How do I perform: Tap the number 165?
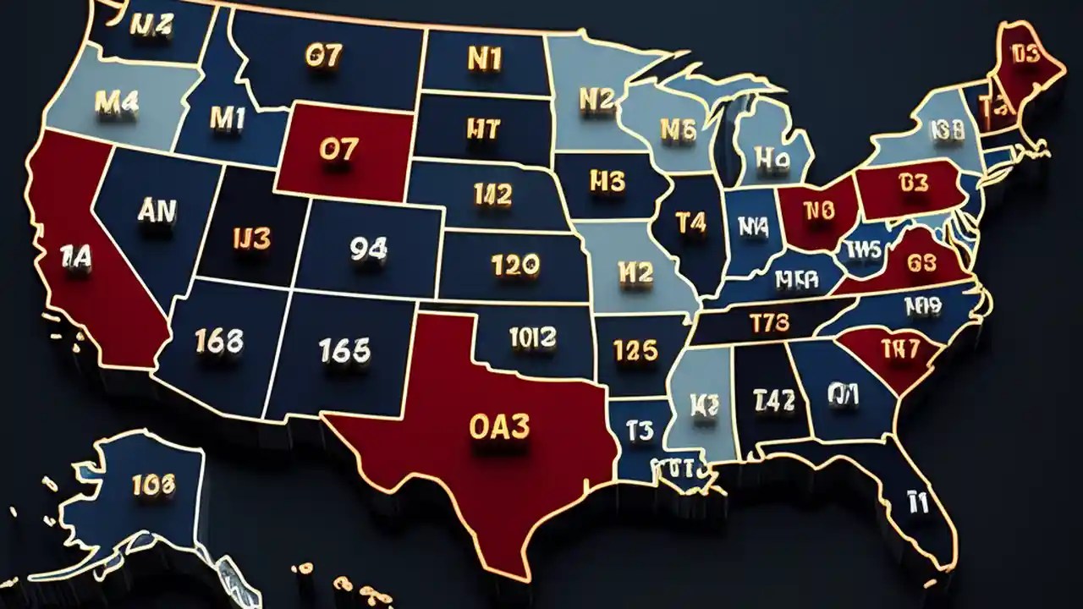[344, 349]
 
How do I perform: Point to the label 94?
[368, 248]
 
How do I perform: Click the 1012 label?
[533, 338]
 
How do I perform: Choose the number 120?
[514, 266]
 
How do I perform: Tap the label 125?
[635, 350]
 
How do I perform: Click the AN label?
[157, 211]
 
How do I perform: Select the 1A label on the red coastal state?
[75, 255]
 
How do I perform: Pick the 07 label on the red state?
[338, 150]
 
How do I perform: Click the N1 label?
[484, 58]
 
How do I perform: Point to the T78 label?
[769, 321]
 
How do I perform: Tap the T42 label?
[774, 400]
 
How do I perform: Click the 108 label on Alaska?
[153, 484]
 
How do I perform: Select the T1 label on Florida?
[917, 502]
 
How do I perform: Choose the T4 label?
[690, 222]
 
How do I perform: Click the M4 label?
[116, 102]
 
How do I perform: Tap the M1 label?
[227, 119]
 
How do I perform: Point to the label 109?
[922, 304]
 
